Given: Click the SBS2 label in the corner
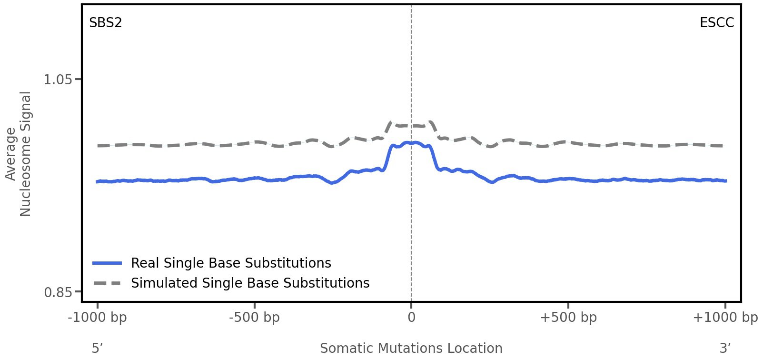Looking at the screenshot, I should [x=106, y=23].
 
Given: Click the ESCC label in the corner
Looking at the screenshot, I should [x=716, y=23].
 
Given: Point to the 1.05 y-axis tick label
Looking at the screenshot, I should [x=58, y=79].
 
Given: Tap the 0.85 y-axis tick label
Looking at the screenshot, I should [x=58, y=291].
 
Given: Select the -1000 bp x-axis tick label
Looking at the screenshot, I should [x=98, y=318].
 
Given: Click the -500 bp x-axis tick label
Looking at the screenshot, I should [x=254, y=318].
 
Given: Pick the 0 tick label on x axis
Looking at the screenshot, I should [x=411, y=318].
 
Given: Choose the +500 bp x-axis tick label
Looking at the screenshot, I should [x=568, y=318].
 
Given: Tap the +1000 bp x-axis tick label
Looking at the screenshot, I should [x=725, y=318].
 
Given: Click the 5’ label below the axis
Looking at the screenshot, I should [x=98, y=348].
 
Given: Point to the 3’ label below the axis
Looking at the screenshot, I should [x=725, y=348].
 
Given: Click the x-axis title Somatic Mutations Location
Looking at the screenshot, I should [x=411, y=348].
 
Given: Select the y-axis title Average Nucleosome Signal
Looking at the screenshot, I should [x=19, y=153].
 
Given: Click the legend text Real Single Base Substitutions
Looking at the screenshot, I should [x=231, y=263].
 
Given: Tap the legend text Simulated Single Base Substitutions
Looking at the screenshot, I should [x=250, y=283].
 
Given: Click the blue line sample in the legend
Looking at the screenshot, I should [x=108, y=263].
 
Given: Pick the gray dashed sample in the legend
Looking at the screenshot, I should [x=108, y=283].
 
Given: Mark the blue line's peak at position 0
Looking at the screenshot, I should [x=411, y=142].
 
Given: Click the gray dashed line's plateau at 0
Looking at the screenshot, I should [x=411, y=126].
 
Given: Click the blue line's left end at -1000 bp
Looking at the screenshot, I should [x=98, y=181].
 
